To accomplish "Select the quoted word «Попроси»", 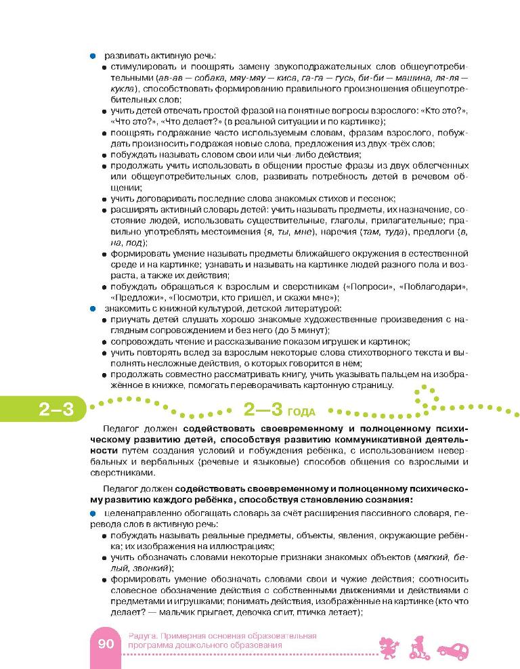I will click(368, 286).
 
